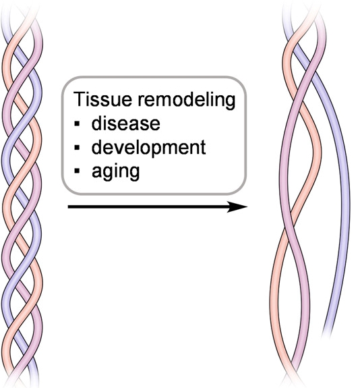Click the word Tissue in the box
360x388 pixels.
click(x=102, y=99)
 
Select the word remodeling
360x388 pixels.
click(x=186, y=101)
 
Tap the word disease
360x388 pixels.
click(x=125, y=123)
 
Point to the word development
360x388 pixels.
click(x=148, y=148)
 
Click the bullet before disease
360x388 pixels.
click(x=78, y=123)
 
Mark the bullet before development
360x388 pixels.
click(x=78, y=147)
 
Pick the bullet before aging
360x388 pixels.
click(x=78, y=171)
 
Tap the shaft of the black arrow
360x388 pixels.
click(x=148, y=206)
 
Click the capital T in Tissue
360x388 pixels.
click(x=79, y=99)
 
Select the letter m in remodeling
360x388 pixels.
click(x=165, y=101)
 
